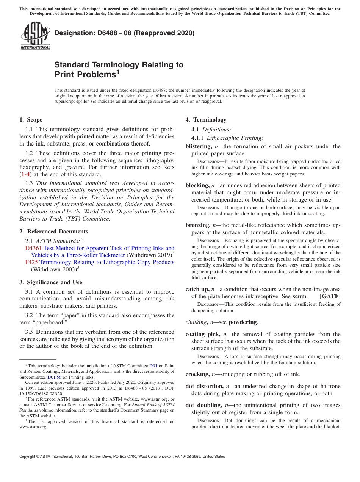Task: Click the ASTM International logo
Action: click(35, 36)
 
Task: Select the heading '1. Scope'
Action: click(31, 120)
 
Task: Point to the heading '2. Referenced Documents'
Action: click(54, 232)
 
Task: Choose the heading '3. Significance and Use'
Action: click(51, 282)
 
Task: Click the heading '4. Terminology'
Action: click(206, 120)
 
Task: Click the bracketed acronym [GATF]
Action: click(330, 296)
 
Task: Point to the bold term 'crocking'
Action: click(197, 374)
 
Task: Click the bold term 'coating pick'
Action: click(202, 334)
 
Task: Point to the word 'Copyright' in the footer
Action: click(29, 457)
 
